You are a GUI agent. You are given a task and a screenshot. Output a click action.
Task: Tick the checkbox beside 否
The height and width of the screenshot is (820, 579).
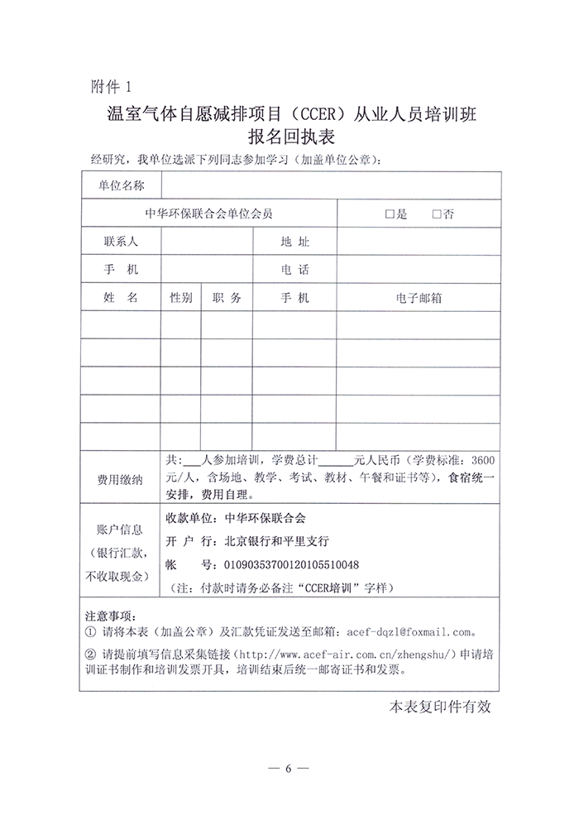[438, 213]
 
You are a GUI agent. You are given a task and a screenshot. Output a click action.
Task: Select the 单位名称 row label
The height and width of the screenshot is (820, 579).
[121, 185]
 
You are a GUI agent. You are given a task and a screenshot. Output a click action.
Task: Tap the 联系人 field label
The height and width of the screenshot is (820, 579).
[121, 242]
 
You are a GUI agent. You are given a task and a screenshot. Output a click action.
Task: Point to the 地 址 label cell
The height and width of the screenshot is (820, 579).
[294, 242]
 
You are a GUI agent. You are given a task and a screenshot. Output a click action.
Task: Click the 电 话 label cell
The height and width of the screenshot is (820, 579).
[294, 270]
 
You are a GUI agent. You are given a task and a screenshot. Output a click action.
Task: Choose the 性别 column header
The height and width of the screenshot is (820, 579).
[181, 298]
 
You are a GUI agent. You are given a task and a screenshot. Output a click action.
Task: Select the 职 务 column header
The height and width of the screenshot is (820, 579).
[227, 298]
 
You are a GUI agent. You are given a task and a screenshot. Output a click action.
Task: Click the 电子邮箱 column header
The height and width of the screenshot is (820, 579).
[419, 298]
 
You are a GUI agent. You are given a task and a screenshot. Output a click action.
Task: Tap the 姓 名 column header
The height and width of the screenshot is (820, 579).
[121, 298]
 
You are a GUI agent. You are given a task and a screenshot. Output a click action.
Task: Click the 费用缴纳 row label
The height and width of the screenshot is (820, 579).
[121, 479]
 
